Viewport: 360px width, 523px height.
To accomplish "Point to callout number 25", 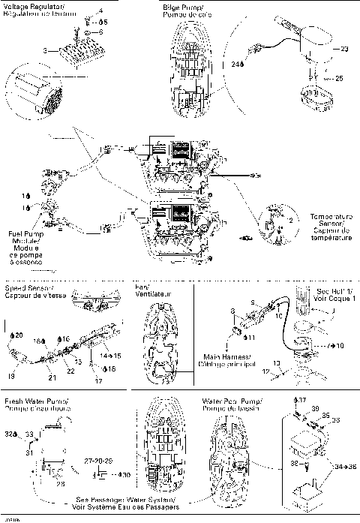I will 339,78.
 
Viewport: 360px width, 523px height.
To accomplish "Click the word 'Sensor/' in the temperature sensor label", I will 330,223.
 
